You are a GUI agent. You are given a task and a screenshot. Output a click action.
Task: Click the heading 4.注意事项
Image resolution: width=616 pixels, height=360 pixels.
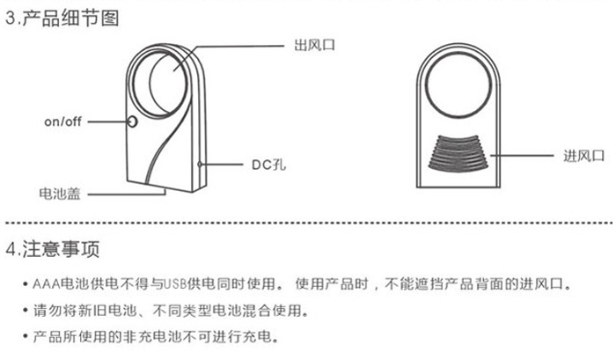pos(53,247)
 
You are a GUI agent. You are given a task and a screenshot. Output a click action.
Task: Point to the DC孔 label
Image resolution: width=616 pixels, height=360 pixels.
pos(260,164)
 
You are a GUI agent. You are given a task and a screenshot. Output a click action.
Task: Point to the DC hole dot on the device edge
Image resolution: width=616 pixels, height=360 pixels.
pos(202,164)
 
